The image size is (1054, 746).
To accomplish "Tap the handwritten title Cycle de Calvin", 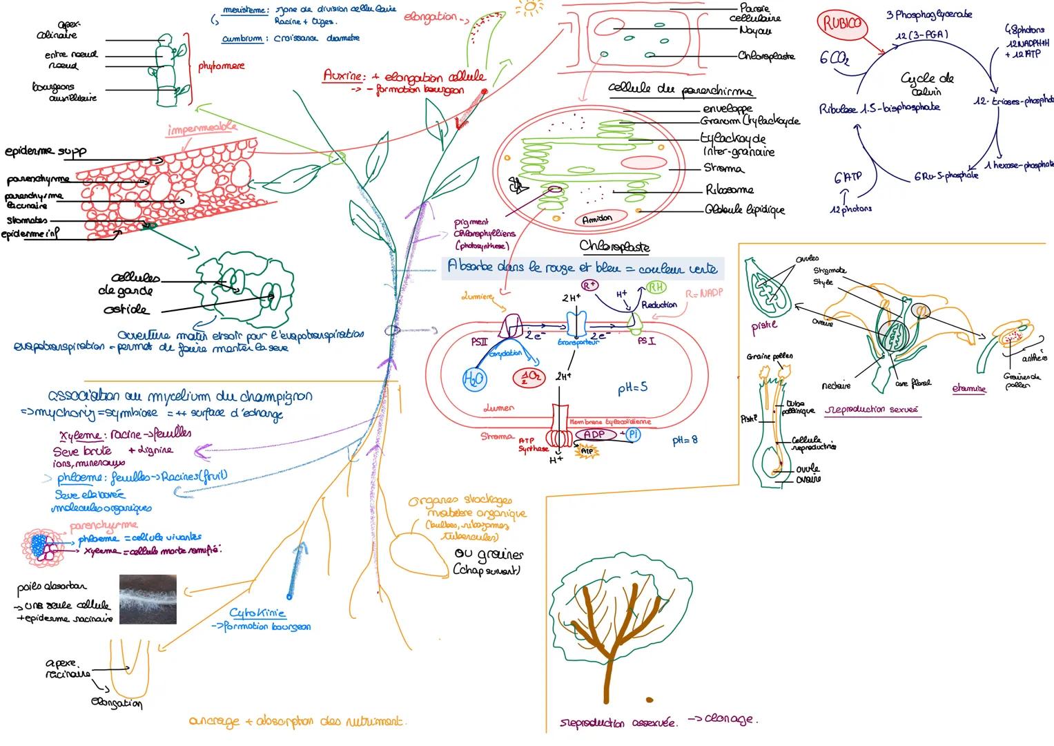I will click(927, 84).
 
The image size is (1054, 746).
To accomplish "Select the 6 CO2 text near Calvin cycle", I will click(835, 59).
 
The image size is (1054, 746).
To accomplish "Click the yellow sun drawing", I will click(529, 8).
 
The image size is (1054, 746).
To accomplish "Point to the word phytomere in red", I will click(221, 66).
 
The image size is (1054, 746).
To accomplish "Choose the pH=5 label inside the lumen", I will click(632, 388).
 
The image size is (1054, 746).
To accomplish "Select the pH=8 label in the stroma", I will click(686, 440).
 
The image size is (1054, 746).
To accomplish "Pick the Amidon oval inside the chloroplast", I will click(597, 219).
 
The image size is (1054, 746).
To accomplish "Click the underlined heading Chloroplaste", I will click(614, 247).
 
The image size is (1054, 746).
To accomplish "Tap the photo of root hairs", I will click(148, 599).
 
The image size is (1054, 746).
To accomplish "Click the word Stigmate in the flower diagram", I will click(830, 271).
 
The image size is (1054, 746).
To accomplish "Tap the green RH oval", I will click(654, 289).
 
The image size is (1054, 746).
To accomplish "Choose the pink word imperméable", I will click(202, 128).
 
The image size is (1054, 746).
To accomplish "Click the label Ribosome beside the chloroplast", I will click(729, 190).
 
